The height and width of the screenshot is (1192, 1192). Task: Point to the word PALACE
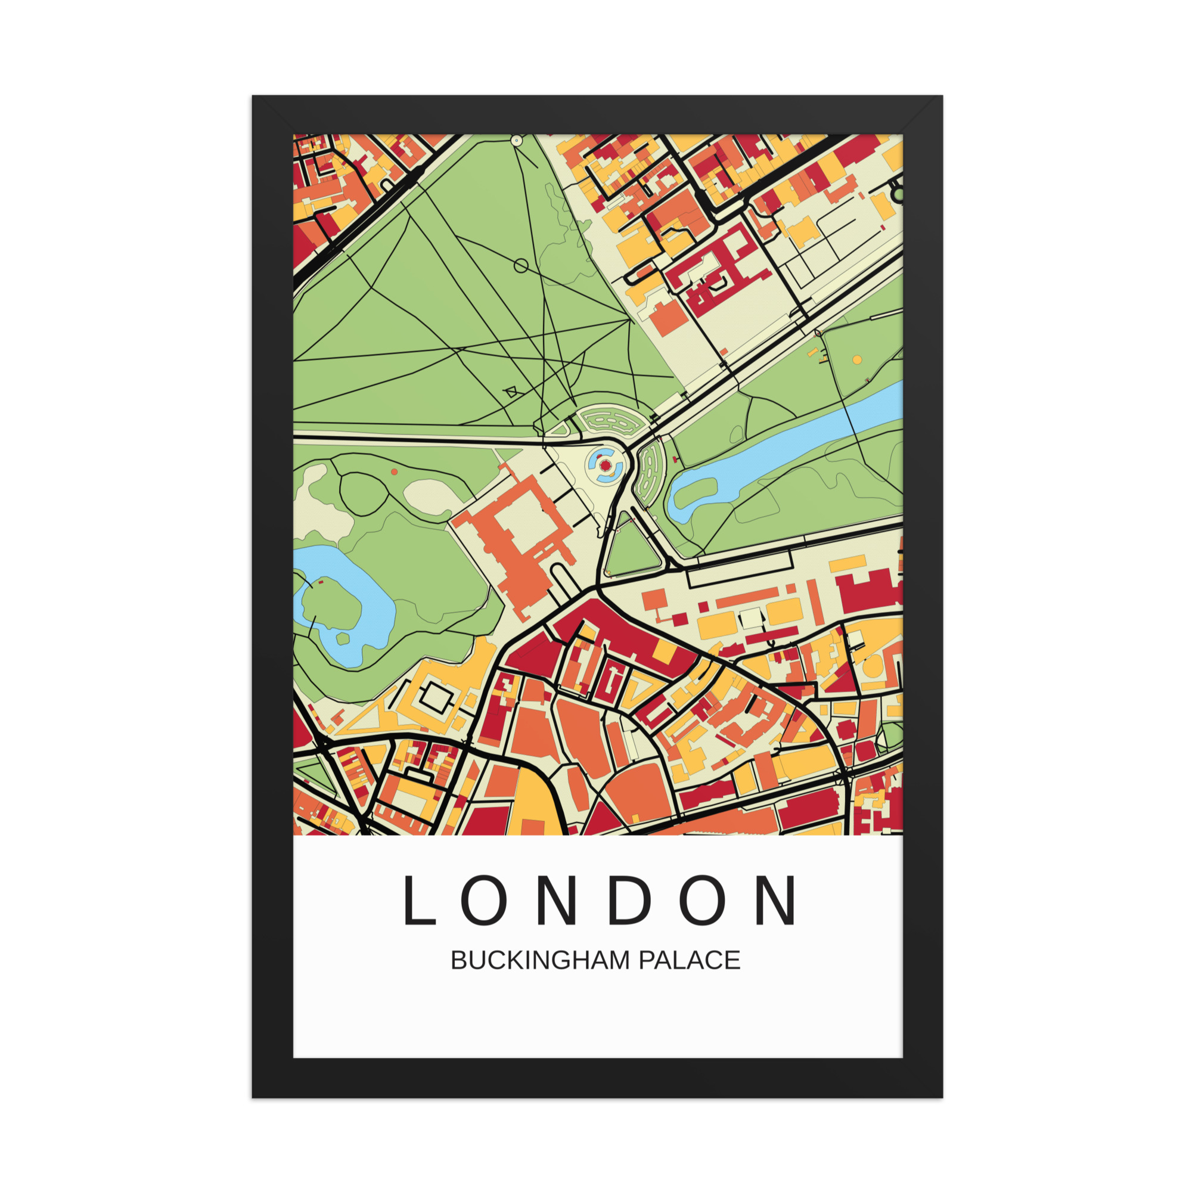coord(688,961)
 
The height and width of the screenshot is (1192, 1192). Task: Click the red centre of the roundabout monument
coord(606,466)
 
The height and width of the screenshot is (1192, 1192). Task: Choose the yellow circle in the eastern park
coord(857,359)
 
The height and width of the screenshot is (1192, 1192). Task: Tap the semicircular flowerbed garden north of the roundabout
coord(613,421)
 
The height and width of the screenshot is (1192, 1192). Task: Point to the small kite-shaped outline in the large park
coord(511,392)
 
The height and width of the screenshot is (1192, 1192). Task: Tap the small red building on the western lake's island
coord(320,581)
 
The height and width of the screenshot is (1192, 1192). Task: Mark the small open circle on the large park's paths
coord(521,266)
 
